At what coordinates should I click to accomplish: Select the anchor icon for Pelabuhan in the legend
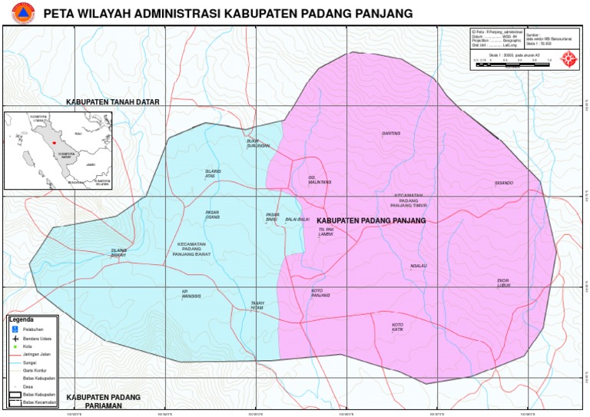pyautogui.click(x=14, y=328)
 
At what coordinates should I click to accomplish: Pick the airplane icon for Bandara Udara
pyautogui.click(x=14, y=338)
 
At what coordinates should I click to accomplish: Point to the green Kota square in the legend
pyautogui.click(x=14, y=346)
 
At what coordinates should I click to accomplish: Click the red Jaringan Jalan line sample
pyautogui.click(x=14, y=354)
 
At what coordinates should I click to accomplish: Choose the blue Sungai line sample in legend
pyautogui.click(x=14, y=362)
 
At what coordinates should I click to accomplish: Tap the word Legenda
pyautogui.click(x=21, y=319)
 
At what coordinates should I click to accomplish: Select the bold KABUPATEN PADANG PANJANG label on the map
pyautogui.click(x=365, y=220)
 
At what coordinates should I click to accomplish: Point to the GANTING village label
pyautogui.click(x=391, y=133)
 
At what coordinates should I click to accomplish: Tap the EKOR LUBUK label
pyautogui.click(x=503, y=283)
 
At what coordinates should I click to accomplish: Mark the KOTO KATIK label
pyautogui.click(x=397, y=327)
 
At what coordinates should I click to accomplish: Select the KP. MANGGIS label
pyautogui.click(x=190, y=293)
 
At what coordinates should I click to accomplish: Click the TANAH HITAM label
pyautogui.click(x=257, y=305)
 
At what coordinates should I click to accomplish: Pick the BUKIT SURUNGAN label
pyautogui.click(x=257, y=143)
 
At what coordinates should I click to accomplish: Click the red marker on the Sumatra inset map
pyautogui.click(x=55, y=142)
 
